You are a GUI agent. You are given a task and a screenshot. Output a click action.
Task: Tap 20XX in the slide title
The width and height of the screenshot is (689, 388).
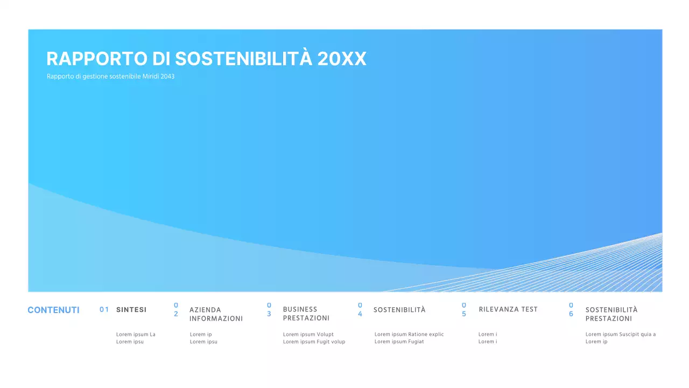[x=342, y=59]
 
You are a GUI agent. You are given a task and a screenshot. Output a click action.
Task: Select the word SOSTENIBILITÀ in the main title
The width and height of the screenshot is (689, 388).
[x=244, y=59]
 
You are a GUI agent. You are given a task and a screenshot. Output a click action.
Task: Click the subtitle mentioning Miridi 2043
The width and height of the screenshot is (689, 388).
[x=110, y=77]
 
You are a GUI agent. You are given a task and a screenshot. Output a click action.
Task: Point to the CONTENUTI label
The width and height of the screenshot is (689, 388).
[x=53, y=310]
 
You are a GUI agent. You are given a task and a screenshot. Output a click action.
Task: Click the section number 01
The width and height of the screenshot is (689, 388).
[x=104, y=310]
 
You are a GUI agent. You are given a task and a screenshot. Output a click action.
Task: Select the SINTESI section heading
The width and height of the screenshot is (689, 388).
[x=131, y=310]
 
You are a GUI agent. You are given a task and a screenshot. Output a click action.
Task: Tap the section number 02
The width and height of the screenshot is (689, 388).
[x=176, y=309]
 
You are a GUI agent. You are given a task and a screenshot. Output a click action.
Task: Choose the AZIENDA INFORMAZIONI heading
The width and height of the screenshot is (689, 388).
[x=216, y=314]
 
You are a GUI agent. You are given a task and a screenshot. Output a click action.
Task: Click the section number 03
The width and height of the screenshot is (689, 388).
[x=269, y=309]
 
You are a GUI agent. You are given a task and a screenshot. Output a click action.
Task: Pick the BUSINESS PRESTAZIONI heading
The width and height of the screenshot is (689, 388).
[x=306, y=314]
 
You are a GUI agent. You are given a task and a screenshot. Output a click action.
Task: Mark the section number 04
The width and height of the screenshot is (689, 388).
[x=360, y=309]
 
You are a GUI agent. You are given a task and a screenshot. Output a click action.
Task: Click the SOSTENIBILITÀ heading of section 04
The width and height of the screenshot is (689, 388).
[x=399, y=310]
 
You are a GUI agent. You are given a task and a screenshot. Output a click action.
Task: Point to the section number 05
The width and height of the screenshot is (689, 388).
[x=464, y=309]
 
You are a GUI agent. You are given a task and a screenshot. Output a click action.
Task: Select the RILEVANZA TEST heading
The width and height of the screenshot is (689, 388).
[x=508, y=309]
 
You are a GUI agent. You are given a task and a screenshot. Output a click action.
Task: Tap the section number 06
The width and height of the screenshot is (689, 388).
[x=571, y=309]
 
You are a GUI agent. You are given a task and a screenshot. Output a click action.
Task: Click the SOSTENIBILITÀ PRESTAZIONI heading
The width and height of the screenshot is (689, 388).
[x=611, y=314]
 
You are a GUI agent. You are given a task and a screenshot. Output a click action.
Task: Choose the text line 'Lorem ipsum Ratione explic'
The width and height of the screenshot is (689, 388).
[x=409, y=335]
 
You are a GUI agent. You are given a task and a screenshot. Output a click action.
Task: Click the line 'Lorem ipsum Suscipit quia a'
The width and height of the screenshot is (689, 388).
[x=621, y=335]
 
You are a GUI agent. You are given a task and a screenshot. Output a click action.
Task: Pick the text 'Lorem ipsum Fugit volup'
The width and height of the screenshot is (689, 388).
[x=314, y=342]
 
